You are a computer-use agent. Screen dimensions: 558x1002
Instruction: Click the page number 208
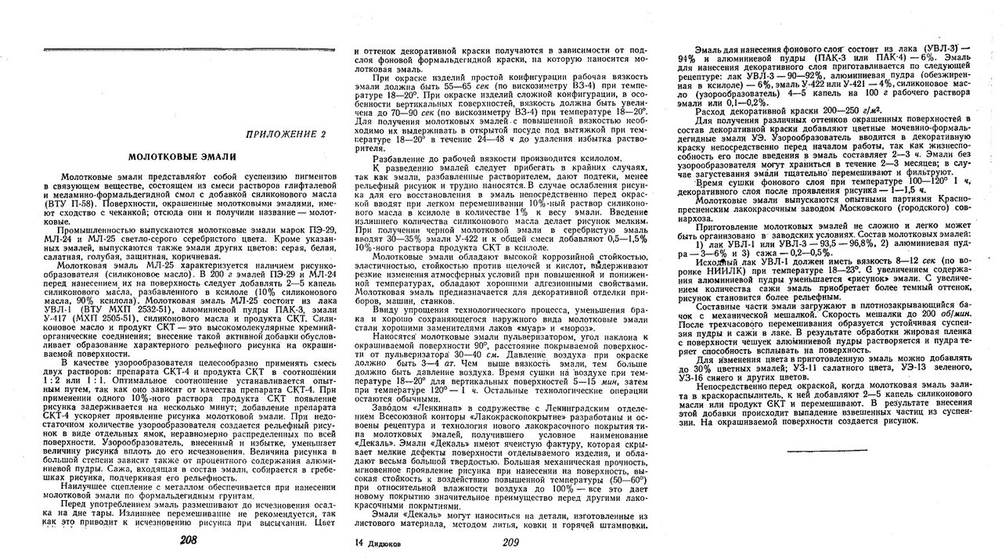pyautogui.click(x=188, y=541)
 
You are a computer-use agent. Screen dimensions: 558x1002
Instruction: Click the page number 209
pyautogui.click(x=511, y=542)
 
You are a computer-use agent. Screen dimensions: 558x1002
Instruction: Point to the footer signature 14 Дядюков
pyautogui.click(x=380, y=542)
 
